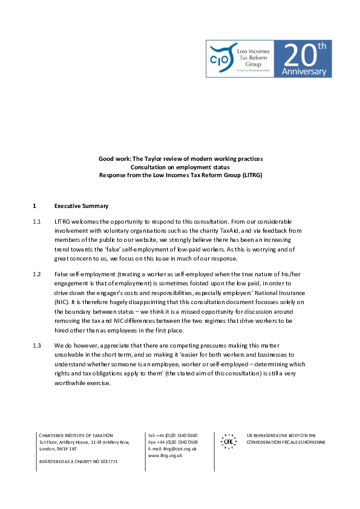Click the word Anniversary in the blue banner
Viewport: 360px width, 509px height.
click(304, 71)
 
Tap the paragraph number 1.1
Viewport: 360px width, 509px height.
click(37, 222)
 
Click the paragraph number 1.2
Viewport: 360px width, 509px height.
click(37, 274)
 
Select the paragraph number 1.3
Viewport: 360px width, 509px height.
click(37, 345)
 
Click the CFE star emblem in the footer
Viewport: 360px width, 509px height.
click(228, 441)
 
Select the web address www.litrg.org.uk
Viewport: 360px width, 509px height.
click(165, 455)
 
